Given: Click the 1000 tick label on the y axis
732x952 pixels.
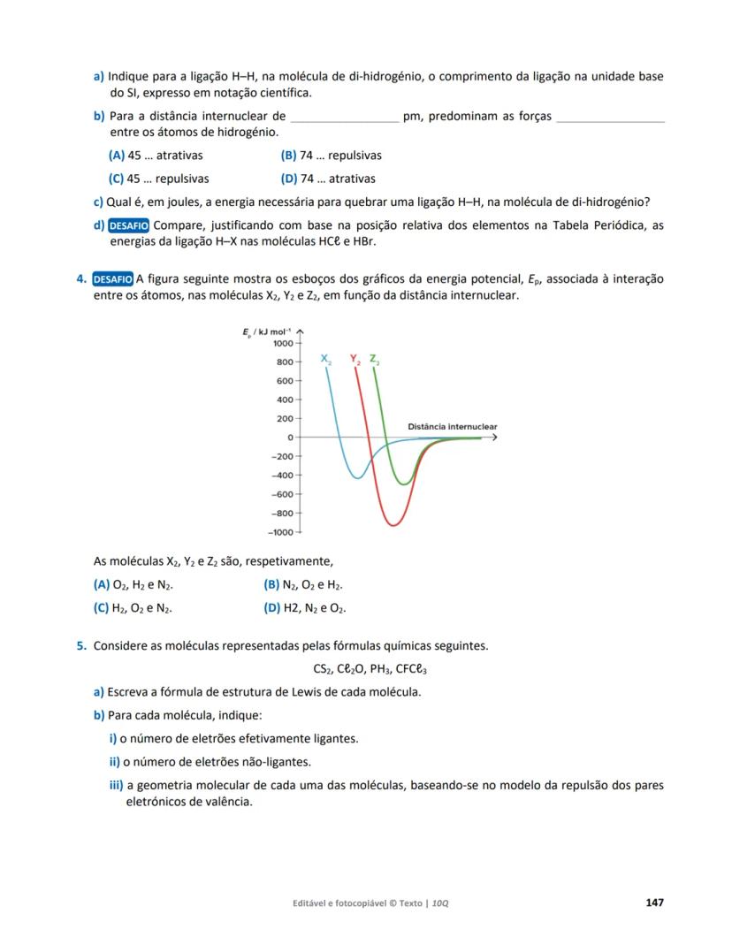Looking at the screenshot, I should click(x=283, y=343).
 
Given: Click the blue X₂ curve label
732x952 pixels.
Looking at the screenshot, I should click(x=326, y=360).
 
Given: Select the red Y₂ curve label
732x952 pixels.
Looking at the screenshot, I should click(x=355, y=360).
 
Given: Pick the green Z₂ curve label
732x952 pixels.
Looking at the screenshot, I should click(x=375, y=360).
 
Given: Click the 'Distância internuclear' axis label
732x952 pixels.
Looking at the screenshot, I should click(x=452, y=427).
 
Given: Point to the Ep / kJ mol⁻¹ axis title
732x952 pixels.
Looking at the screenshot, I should click(x=270, y=331).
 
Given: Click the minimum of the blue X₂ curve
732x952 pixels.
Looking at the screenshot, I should click(x=356, y=478).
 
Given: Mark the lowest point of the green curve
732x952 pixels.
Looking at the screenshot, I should click(x=404, y=484).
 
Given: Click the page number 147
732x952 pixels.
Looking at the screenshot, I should click(x=654, y=902).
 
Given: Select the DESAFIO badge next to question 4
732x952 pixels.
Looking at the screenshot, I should click(x=113, y=279).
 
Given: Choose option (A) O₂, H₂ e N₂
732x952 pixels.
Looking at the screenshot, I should click(x=133, y=584).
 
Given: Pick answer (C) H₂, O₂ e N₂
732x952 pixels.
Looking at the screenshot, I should click(x=133, y=608).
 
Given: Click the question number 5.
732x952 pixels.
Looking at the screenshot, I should click(x=80, y=645).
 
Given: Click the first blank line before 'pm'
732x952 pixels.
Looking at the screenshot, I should click(x=344, y=117).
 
